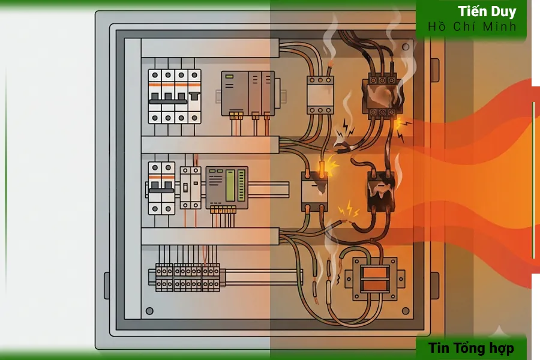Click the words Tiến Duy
tap(487, 11)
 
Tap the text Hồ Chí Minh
tap(472, 26)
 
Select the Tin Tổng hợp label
tap(471, 348)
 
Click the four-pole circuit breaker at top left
tap(175, 97)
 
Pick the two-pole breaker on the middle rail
tap(161, 188)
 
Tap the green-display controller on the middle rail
tap(227, 188)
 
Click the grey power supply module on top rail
tap(248, 94)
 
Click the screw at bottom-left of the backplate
tap(149, 311)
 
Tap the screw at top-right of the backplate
tap(406, 47)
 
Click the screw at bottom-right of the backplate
tap(406, 311)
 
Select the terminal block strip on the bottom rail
tap(187, 278)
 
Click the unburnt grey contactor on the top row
tap(320, 95)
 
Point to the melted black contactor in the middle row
tap(380, 191)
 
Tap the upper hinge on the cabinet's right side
tap(435, 70)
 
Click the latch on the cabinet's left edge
tap(107, 286)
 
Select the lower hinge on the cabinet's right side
tap(435, 286)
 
